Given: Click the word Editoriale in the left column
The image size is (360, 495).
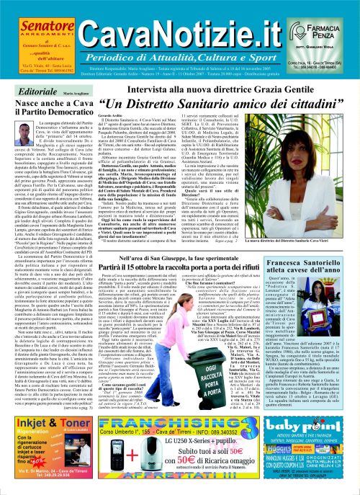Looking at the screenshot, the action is (24, 73).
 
